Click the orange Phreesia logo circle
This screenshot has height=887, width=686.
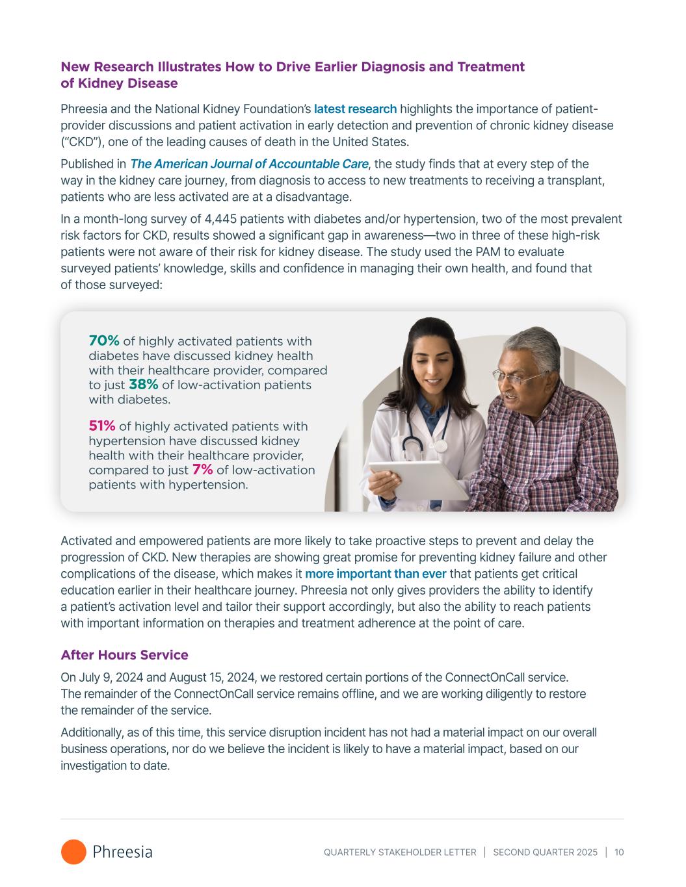coord(73,852)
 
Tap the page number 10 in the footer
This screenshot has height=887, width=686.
coord(618,853)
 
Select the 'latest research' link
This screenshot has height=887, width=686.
coord(355,109)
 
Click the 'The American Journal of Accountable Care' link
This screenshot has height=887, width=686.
coord(249,164)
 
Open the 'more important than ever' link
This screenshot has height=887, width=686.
coord(375,574)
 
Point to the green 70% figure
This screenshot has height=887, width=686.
coord(104,341)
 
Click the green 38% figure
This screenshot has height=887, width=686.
coord(144,385)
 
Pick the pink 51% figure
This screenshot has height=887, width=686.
coord(102,426)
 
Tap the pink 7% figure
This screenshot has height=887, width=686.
coord(203,470)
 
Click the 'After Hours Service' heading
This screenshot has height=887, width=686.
coord(124,655)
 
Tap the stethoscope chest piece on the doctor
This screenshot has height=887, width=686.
coord(442,446)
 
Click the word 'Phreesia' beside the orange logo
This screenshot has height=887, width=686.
coord(123,852)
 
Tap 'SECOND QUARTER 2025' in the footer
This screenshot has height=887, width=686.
coord(545,853)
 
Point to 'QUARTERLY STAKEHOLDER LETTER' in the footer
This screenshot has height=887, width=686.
coord(400,853)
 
